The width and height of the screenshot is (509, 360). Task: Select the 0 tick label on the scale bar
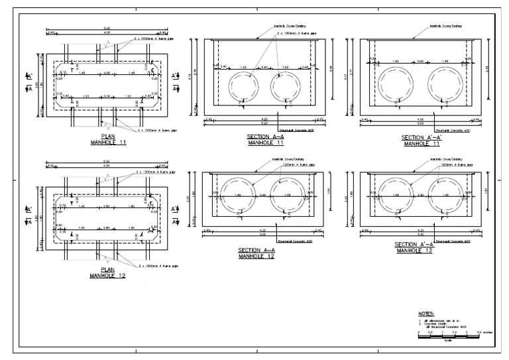point(420,331)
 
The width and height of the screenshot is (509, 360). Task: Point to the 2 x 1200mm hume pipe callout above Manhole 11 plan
point(154,39)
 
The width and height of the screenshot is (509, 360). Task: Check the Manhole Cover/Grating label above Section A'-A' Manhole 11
point(445,27)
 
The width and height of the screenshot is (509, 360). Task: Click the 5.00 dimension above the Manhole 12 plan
point(107,161)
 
